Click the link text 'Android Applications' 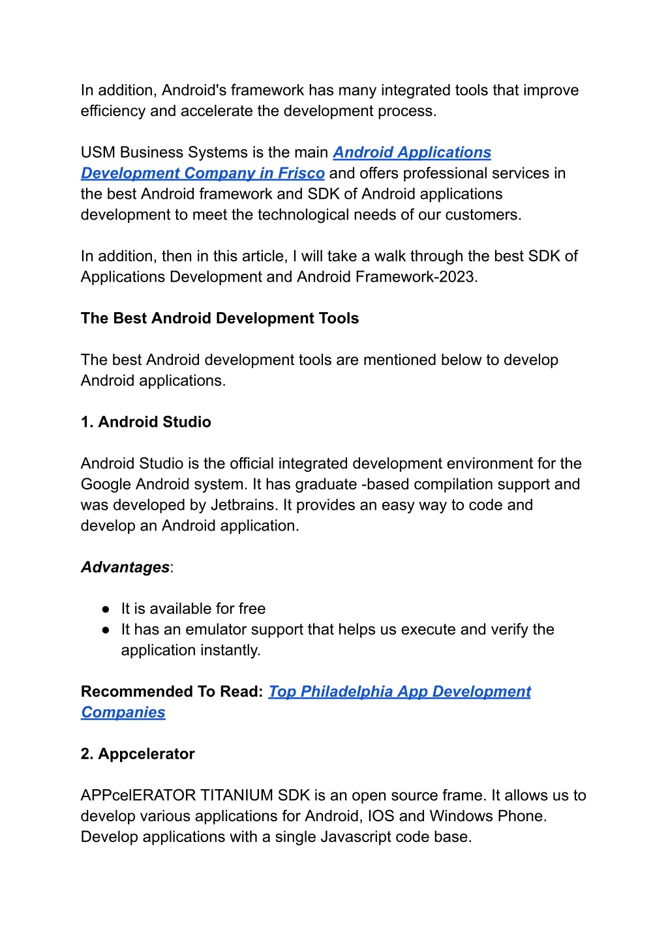tap(412, 153)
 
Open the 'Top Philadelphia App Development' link tap(399, 691)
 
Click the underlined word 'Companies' tap(123, 712)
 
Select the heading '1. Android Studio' tap(146, 422)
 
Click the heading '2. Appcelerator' tap(138, 754)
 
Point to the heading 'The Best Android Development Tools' tap(220, 319)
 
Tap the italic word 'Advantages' tap(125, 568)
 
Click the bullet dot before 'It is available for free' tap(106, 609)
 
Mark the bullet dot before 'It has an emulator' tap(106, 630)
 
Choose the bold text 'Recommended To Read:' tap(172, 691)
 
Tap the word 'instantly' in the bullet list tap(230, 650)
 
